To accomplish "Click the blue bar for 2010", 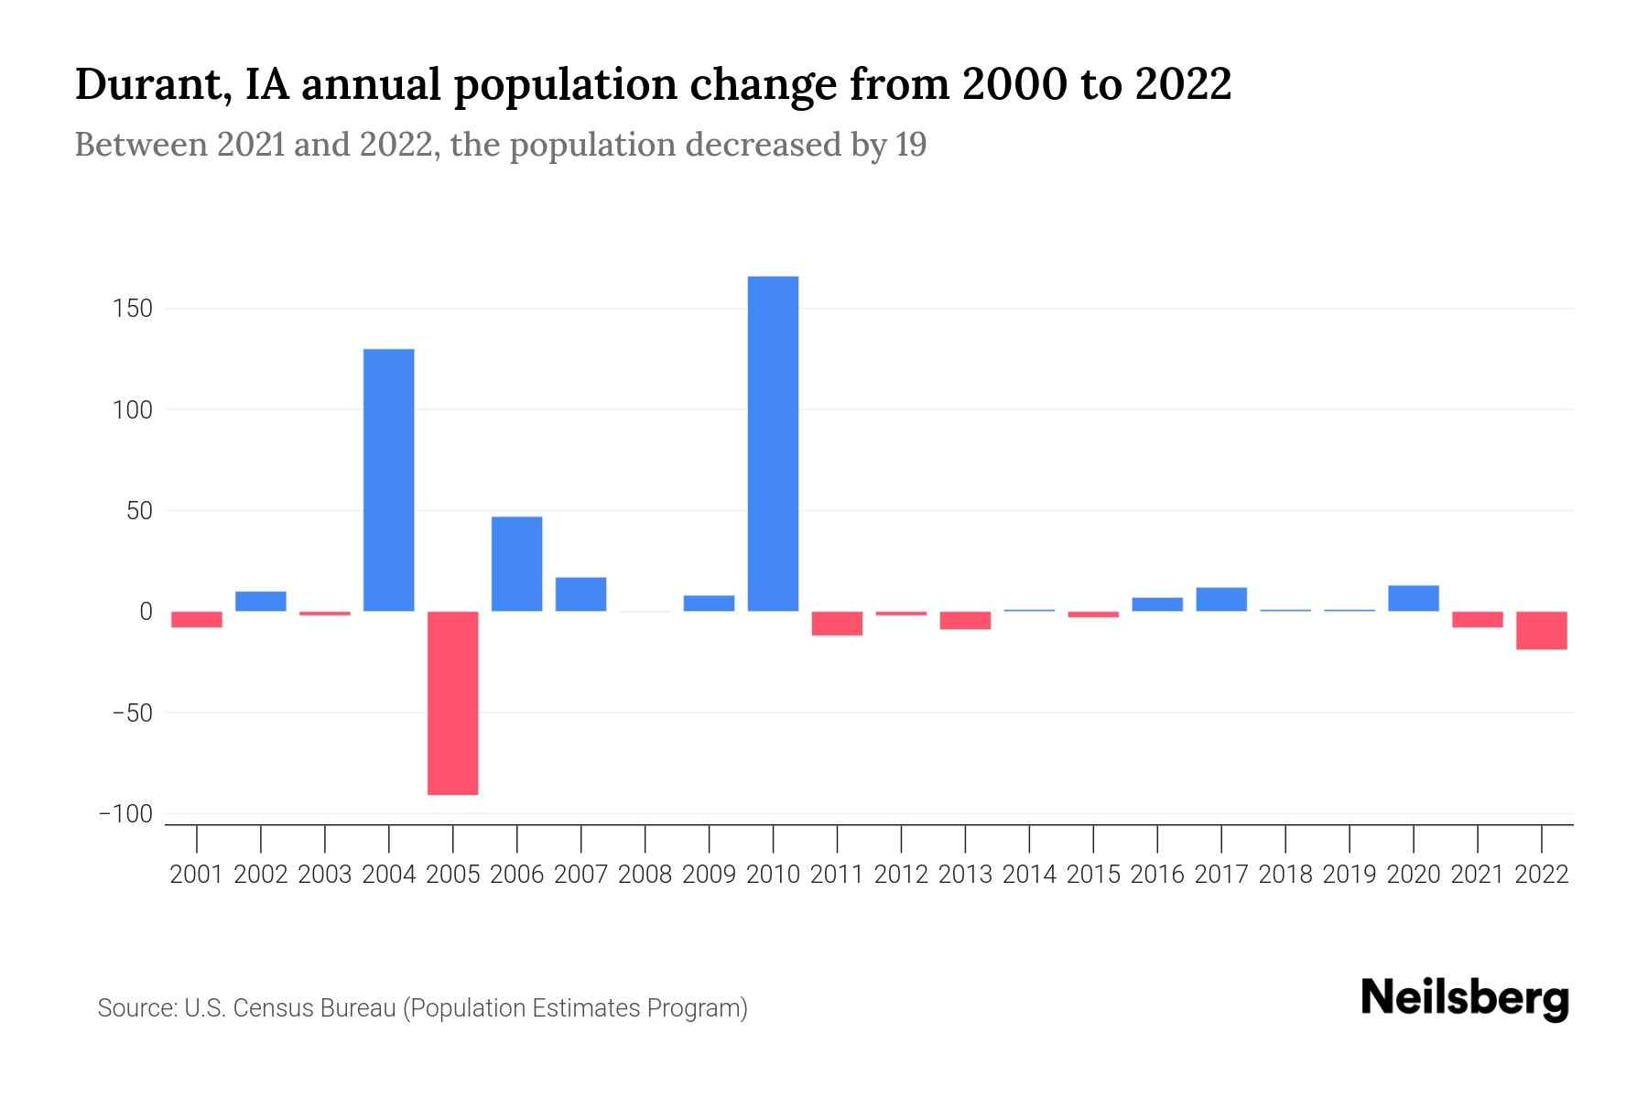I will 773,443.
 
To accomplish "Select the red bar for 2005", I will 453,702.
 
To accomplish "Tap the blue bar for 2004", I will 389,480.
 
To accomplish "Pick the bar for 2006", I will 517,564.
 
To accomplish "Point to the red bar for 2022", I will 1542,630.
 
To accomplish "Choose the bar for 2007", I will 581,594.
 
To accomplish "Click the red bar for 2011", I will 837,624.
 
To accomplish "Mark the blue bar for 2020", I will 1414,598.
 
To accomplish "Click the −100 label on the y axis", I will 126,814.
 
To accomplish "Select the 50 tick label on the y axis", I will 139,511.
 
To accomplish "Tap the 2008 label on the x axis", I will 645,875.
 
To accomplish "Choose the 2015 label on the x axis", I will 1093,875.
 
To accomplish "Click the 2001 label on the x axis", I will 197,875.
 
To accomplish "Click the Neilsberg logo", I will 1465,998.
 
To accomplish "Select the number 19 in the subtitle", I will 911,145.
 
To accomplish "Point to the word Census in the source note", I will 271,1008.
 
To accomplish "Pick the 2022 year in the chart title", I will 1183,84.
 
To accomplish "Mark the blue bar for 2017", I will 1221,599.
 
